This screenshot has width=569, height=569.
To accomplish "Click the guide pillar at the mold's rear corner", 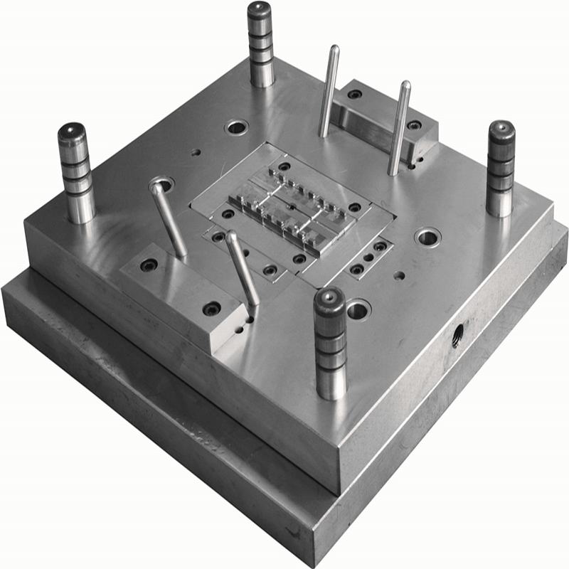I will point(262,46).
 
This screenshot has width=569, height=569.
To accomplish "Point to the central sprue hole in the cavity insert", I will point(292,206).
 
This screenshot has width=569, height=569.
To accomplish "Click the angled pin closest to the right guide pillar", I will point(399,128).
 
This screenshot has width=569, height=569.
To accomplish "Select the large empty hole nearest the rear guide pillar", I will point(235,129).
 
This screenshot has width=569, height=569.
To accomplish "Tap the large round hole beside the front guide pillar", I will point(358,309).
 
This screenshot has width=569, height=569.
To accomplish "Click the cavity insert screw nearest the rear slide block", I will point(284,167).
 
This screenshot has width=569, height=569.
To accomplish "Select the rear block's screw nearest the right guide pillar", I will point(414,125).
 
